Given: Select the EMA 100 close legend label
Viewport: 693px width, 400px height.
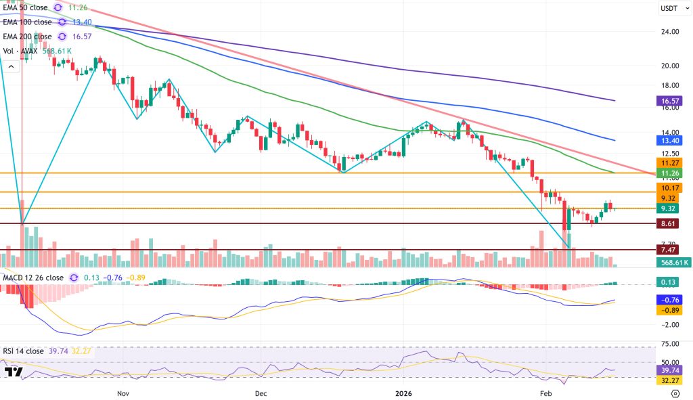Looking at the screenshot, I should click(28, 22).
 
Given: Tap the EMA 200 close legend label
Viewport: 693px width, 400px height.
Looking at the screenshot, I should click(28, 37).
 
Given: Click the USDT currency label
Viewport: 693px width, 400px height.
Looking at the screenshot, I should click(668, 8).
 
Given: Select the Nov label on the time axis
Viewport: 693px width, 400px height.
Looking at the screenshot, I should click(122, 393).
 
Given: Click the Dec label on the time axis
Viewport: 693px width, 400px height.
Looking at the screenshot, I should click(261, 393).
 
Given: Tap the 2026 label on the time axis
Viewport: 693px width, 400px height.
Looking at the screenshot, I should click(403, 393).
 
